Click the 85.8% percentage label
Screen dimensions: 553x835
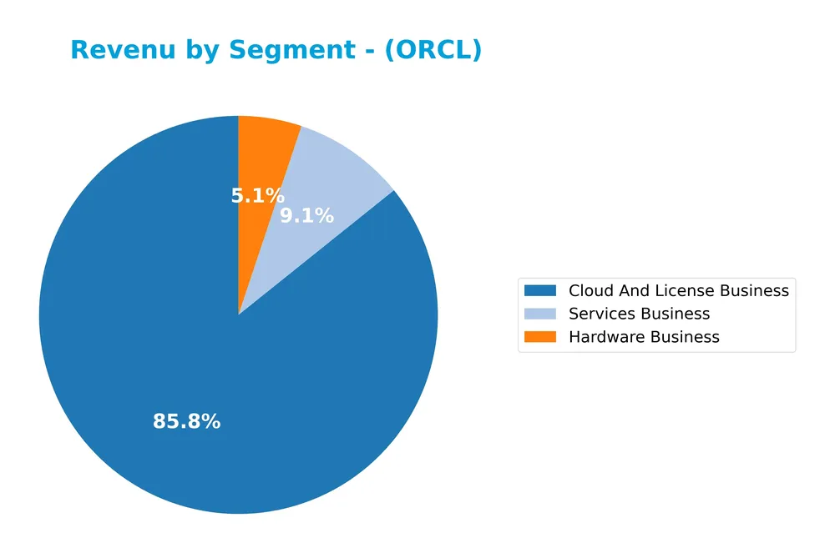[186, 422]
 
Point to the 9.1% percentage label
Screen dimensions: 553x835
[306, 216]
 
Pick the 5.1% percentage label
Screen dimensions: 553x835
[257, 196]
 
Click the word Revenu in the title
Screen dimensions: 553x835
[124, 50]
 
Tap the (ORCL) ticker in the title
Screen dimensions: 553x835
[434, 50]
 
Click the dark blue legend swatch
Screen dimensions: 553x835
[540, 290]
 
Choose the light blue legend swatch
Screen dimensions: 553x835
[540, 314]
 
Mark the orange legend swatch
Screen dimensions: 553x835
[540, 337]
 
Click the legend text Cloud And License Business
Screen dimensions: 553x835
[678, 290]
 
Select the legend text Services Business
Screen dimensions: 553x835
[639, 314]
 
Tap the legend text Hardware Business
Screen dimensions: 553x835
[644, 337]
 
